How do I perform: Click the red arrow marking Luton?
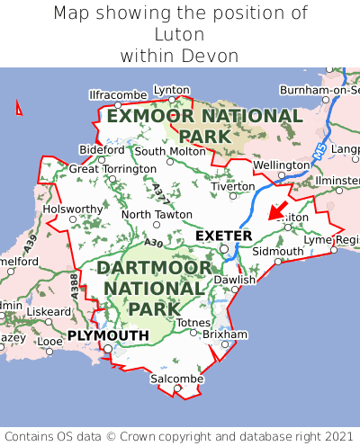278,211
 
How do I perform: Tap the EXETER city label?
223,236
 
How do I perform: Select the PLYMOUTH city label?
108,335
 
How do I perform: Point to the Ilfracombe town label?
117,94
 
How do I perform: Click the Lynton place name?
172,90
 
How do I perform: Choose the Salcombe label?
177,379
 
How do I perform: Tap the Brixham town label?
224,334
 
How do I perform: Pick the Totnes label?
193,322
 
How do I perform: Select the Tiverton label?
234,186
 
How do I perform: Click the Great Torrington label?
112,168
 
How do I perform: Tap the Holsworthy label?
74,209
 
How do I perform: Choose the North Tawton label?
157,214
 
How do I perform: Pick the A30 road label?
152,243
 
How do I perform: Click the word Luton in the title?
180,34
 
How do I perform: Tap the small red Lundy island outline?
19,109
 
